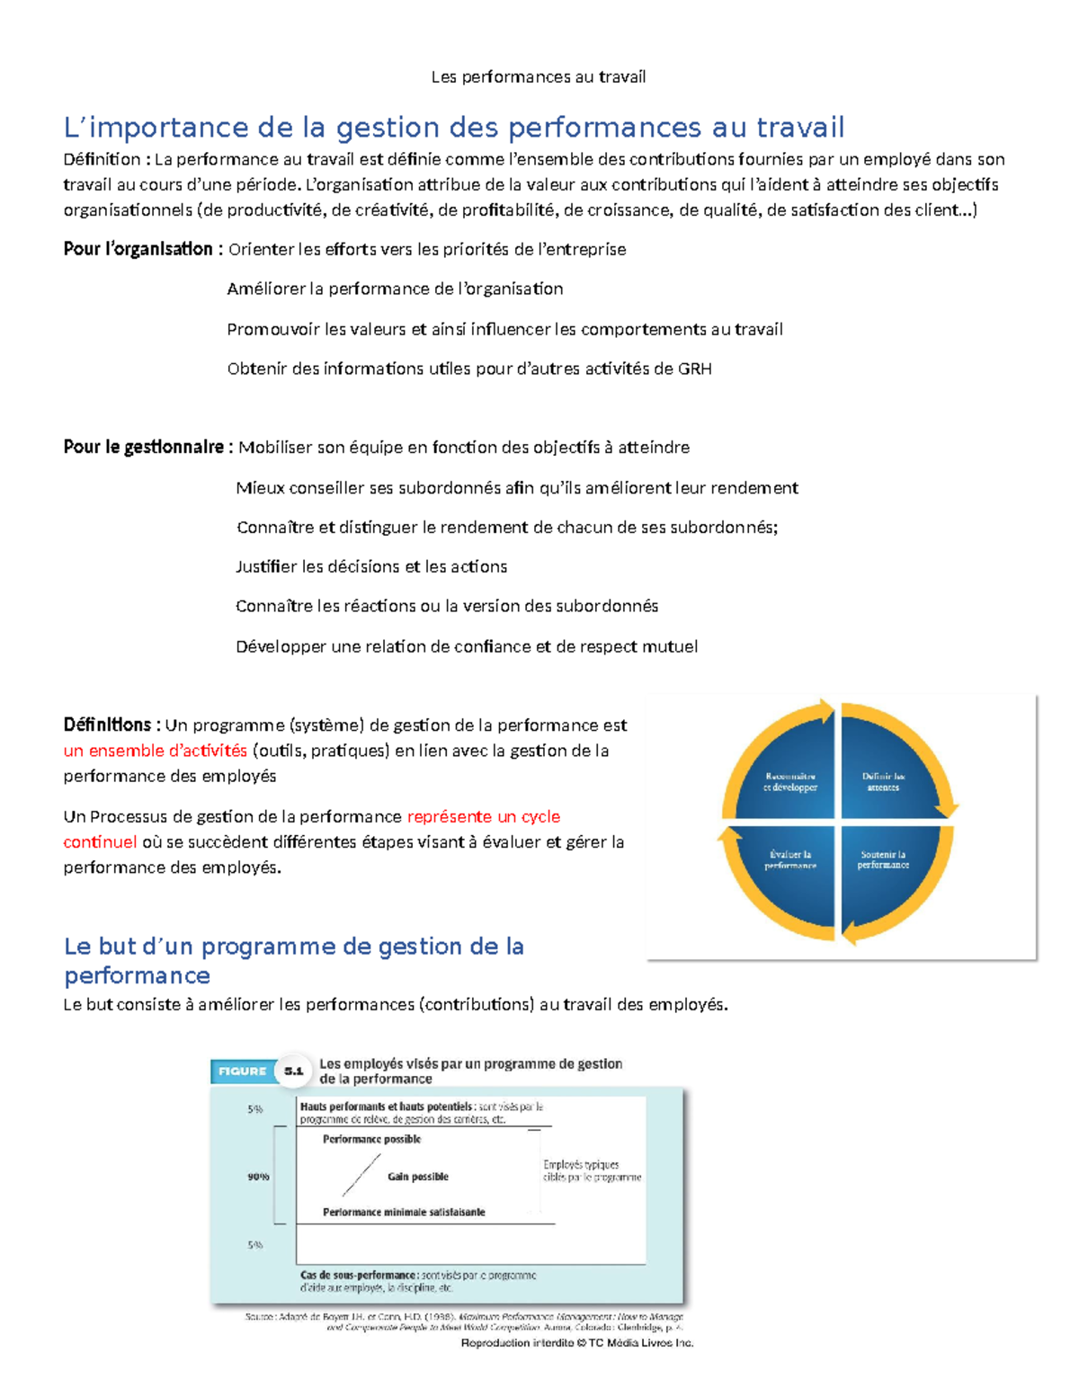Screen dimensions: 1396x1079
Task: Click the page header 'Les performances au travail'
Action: pyautogui.click(x=538, y=77)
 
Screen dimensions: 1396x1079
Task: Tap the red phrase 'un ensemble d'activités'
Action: pyautogui.click(x=155, y=751)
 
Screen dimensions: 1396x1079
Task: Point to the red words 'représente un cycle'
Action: pyautogui.click(x=484, y=816)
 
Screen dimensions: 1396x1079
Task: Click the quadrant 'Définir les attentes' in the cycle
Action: pyautogui.click(x=883, y=781)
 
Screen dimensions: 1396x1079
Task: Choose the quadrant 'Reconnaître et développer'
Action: pyautogui.click(x=789, y=781)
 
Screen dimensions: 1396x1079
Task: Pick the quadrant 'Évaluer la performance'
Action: pyautogui.click(x=789, y=859)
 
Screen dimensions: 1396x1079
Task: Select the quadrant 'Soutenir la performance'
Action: pyautogui.click(x=883, y=859)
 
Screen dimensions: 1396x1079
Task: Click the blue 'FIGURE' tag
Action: pyautogui.click(x=242, y=1071)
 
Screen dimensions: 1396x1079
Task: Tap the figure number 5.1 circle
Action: pyautogui.click(x=294, y=1071)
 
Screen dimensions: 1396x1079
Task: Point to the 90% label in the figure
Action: pyautogui.click(x=258, y=1177)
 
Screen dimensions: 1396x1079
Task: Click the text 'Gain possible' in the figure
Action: pyautogui.click(x=417, y=1177)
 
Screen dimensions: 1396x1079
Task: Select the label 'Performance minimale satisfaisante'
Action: pyautogui.click(x=404, y=1213)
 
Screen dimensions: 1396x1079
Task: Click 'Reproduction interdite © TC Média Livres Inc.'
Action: pyautogui.click(x=576, y=1343)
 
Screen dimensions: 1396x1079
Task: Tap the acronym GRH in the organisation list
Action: pyautogui.click(x=695, y=369)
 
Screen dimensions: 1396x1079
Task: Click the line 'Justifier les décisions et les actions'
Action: pyautogui.click(x=371, y=566)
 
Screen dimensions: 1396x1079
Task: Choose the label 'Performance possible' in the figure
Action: pyautogui.click(x=371, y=1139)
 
